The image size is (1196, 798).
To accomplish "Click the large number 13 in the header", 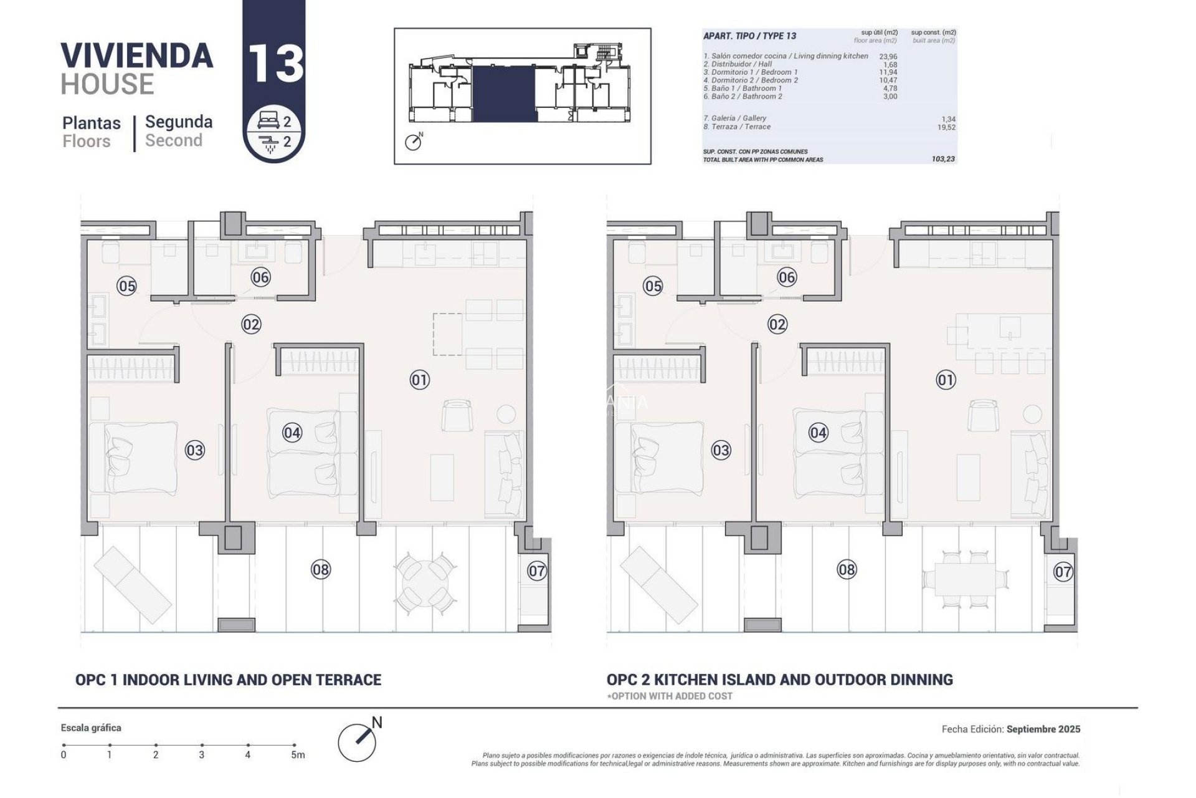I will tap(275, 63).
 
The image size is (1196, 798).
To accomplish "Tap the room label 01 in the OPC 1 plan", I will tap(420, 380).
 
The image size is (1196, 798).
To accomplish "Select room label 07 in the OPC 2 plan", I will tap(1063, 571).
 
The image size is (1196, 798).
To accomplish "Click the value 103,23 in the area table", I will tap(943, 159).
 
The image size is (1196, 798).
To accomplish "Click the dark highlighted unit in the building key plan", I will tap(504, 94).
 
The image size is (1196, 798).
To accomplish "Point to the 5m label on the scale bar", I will tap(298, 755).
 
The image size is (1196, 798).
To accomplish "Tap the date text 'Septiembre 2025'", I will tap(1043, 729).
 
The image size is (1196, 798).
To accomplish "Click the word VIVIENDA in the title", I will tap(137, 55).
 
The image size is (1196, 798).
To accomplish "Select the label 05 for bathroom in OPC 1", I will tap(126, 286).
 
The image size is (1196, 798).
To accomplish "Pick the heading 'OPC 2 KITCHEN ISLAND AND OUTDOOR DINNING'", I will tap(779, 680).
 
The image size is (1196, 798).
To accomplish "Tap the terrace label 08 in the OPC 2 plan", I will tap(847, 569).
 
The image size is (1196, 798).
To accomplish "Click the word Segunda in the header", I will tap(179, 122).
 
